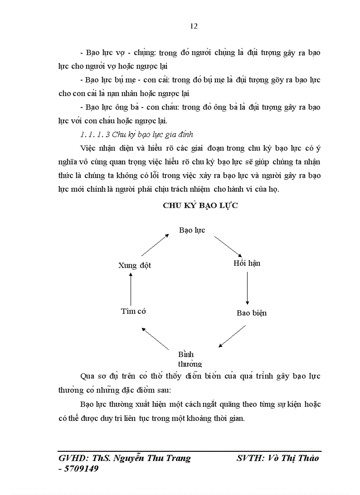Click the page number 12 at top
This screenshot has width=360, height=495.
(194, 26)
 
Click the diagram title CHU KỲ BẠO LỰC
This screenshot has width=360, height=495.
(200, 205)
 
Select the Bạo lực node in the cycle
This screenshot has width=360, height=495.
(192, 230)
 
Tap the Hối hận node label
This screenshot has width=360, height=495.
(247, 263)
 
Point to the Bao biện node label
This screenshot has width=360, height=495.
(251, 313)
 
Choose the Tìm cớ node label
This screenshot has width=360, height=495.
(133, 311)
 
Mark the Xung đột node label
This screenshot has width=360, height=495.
(135, 265)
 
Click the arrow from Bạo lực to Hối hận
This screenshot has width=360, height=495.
(228, 247)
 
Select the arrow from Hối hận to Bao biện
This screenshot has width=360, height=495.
(247, 288)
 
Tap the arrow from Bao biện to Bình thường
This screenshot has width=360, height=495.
(232, 336)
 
